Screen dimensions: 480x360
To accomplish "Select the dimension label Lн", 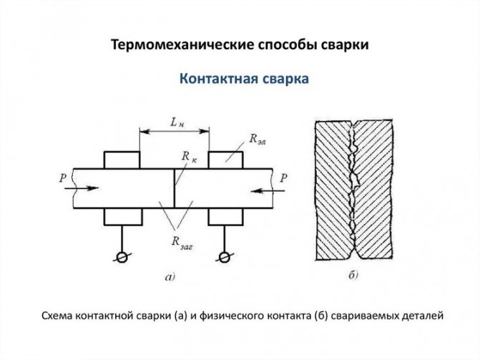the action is click(177, 123).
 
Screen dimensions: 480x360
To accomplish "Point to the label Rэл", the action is click(258, 140).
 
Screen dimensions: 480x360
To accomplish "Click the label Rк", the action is click(189, 157).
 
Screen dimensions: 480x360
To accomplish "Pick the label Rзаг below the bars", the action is click(182, 243).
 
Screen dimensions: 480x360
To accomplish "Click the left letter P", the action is click(63, 177).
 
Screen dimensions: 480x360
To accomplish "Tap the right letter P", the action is click(284, 177).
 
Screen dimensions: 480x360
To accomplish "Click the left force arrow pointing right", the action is click(82, 188).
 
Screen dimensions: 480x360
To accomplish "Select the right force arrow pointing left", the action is click(268, 191).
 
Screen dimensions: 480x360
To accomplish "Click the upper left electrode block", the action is click(122, 160).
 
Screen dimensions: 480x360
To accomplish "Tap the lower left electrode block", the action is click(123, 217).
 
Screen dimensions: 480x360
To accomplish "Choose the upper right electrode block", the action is click(225, 160).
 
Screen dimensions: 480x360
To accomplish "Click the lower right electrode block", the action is click(225, 217).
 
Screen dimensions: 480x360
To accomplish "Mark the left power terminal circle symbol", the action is click(122, 258).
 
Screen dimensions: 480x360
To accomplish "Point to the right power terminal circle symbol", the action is click(225, 258).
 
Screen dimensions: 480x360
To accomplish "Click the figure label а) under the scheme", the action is click(170, 278).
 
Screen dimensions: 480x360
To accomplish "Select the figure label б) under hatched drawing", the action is click(353, 276).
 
